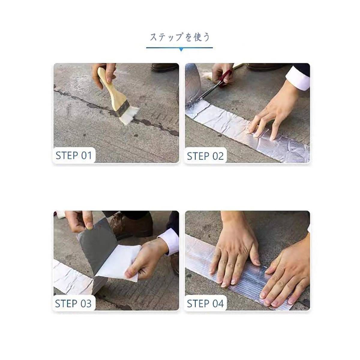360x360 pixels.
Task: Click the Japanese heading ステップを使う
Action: [180, 37]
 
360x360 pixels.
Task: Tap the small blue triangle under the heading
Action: [181, 50]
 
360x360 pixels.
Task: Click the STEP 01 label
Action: [73, 155]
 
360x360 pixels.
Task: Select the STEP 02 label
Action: [205, 156]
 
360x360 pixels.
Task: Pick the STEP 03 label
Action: [73, 304]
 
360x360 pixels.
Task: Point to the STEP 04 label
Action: [205, 304]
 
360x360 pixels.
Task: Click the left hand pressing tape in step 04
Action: [237, 258]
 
